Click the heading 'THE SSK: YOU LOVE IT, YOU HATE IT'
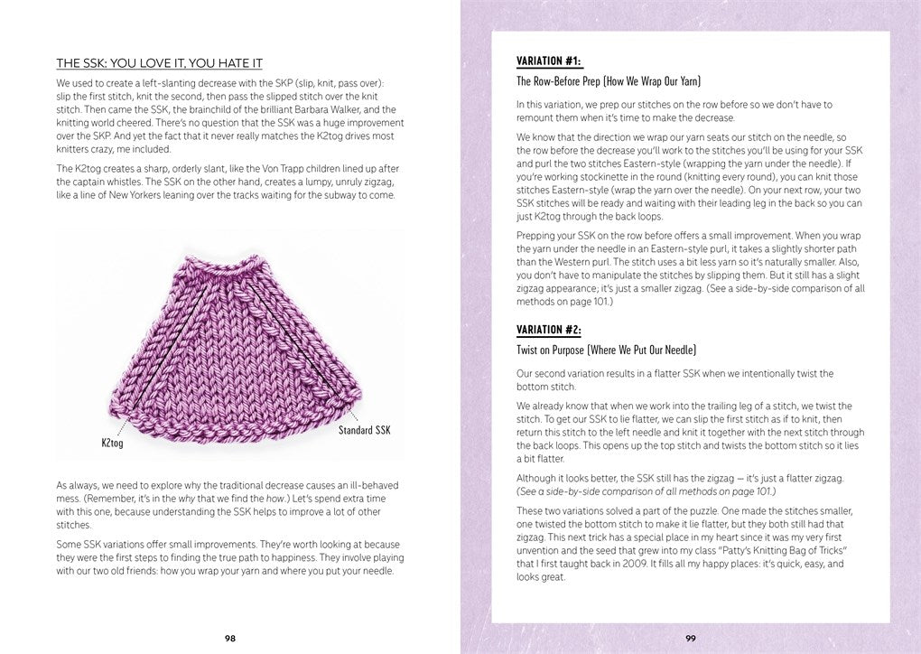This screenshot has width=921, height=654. pos(159,63)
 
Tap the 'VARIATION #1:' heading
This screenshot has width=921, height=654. pos(549,61)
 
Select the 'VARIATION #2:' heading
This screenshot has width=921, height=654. pos(549,330)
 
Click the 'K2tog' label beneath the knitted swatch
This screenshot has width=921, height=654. pos(112,444)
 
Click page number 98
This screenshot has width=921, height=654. pos(230,637)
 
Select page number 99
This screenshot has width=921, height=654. pos(690,637)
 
